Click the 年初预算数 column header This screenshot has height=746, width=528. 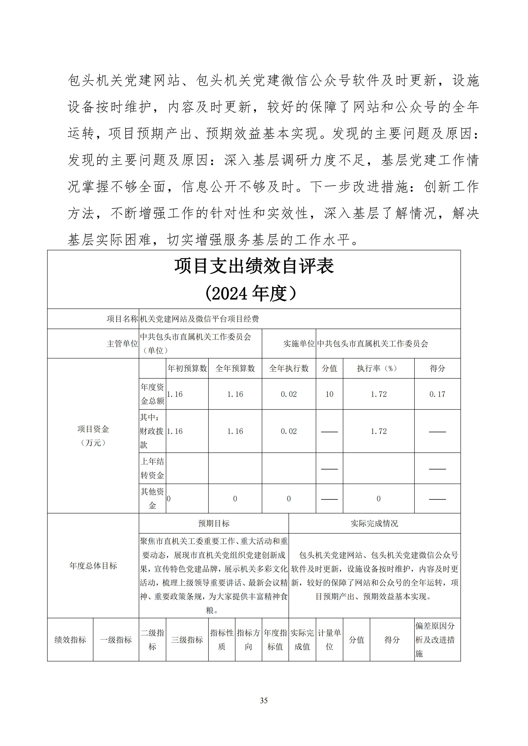(x=187, y=369)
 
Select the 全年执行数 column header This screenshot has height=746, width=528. (x=289, y=369)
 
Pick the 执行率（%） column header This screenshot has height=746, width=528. (x=378, y=369)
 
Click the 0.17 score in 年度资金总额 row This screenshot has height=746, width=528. (x=437, y=394)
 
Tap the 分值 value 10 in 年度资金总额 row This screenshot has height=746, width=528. (x=329, y=394)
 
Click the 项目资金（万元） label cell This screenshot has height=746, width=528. (x=93, y=436)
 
